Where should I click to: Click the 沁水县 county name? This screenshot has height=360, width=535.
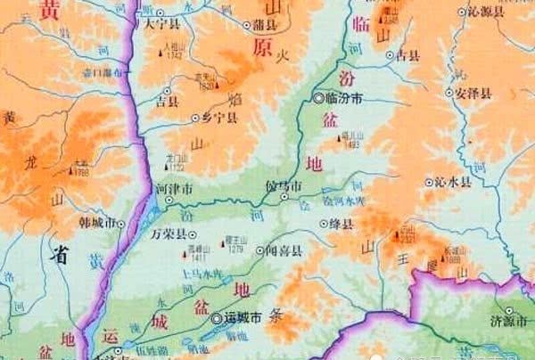pos(453,181)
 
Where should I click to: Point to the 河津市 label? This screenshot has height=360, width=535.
pos(174,190)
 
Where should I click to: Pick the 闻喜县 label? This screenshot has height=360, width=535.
pos(284,252)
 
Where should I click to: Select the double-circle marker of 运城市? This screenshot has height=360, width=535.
pos(216,317)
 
